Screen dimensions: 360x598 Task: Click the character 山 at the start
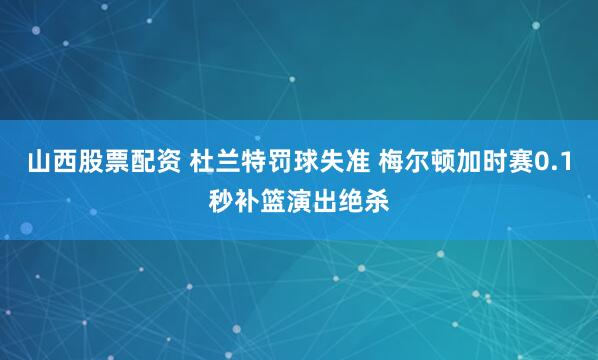pos(37,165)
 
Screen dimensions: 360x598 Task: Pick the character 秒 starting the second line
pos(221,197)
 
